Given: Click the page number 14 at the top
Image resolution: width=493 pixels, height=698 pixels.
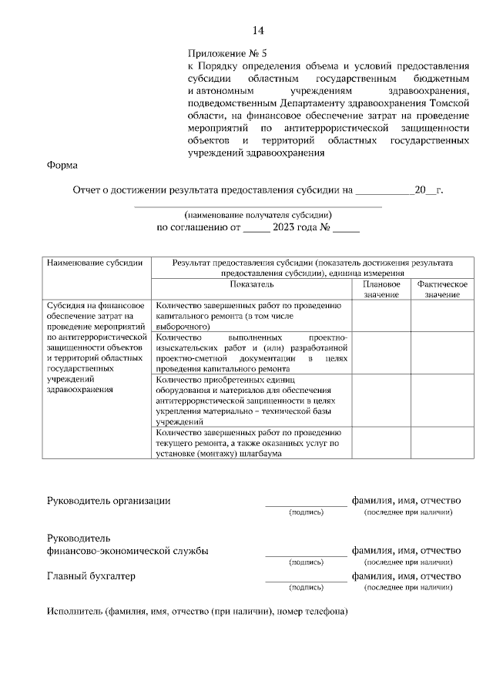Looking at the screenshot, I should point(257,31).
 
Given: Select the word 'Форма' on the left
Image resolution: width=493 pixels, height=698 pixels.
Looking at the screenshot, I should point(62,164).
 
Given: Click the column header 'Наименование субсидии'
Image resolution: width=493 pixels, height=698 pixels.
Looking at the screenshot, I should point(95,263).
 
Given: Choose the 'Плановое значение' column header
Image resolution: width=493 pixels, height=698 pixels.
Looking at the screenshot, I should point(381,289).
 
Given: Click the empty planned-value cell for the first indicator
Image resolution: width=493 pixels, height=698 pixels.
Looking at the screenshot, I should point(381,316).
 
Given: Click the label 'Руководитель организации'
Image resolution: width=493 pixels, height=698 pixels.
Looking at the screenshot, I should point(109,500).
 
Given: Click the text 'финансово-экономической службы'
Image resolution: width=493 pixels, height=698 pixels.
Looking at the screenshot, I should point(127,551).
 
